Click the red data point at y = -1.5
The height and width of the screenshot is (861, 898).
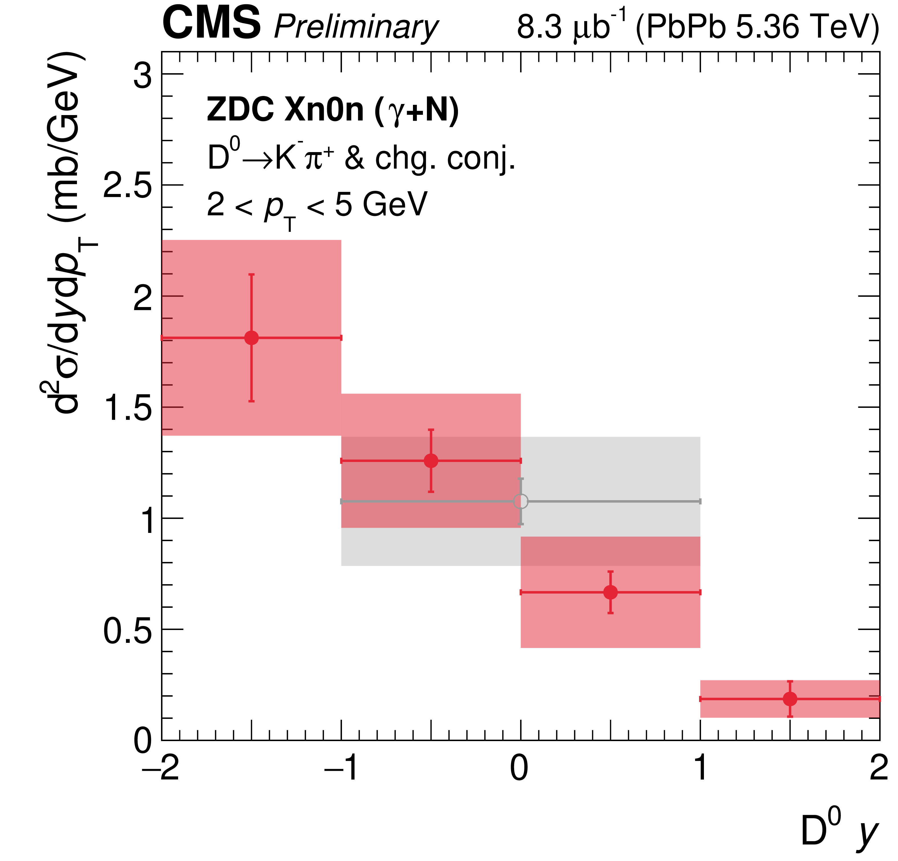tap(251, 338)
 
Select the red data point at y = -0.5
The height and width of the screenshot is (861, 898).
tap(431, 461)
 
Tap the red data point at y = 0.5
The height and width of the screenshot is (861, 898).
tap(610, 592)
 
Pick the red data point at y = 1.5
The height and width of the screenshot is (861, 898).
tap(790, 699)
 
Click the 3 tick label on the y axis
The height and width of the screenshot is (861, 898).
tap(142, 75)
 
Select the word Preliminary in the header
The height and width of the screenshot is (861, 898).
tap(356, 27)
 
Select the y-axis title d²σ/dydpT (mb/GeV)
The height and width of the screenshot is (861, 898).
tap(69, 234)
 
